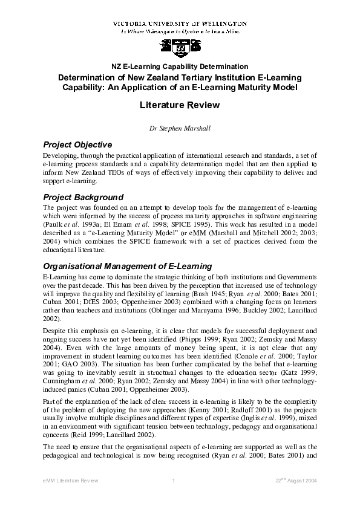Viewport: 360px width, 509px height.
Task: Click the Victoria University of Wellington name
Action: click(x=180, y=23)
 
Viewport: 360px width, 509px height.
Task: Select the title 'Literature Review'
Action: click(x=180, y=105)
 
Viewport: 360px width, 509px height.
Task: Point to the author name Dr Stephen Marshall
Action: click(x=180, y=128)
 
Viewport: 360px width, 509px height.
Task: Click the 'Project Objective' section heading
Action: click(x=77, y=145)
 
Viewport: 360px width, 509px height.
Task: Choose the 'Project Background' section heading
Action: click(x=83, y=197)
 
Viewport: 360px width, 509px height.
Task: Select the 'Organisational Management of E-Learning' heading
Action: click(x=127, y=266)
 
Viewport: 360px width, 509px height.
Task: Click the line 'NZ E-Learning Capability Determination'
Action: click(x=180, y=66)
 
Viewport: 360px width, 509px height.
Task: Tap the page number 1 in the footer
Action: click(x=174, y=480)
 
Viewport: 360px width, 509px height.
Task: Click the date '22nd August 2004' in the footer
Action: click(x=295, y=480)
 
